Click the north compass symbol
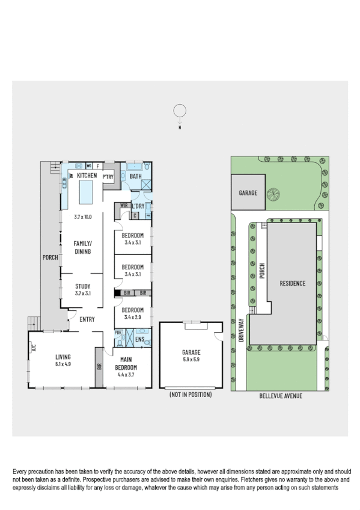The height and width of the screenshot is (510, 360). tap(179, 111)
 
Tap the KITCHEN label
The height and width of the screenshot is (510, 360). tap(87, 176)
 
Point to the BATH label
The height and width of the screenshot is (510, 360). tap(135, 176)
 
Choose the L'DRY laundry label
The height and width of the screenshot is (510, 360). tap(138, 206)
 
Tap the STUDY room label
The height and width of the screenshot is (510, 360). tap(82, 286)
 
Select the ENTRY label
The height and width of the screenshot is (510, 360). tap(87, 319)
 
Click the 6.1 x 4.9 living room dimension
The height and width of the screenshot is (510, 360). tap(63, 364)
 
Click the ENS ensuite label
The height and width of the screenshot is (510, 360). tap(139, 339)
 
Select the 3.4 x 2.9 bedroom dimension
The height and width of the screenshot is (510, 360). tap(132, 316)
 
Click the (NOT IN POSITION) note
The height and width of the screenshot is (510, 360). tap(191, 395)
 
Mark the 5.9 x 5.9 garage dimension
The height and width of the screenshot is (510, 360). tap(191, 360)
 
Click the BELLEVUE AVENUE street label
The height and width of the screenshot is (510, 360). tap(279, 396)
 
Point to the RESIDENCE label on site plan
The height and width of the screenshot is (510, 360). tap(291, 283)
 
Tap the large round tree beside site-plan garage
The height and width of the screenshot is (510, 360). tap(274, 194)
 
